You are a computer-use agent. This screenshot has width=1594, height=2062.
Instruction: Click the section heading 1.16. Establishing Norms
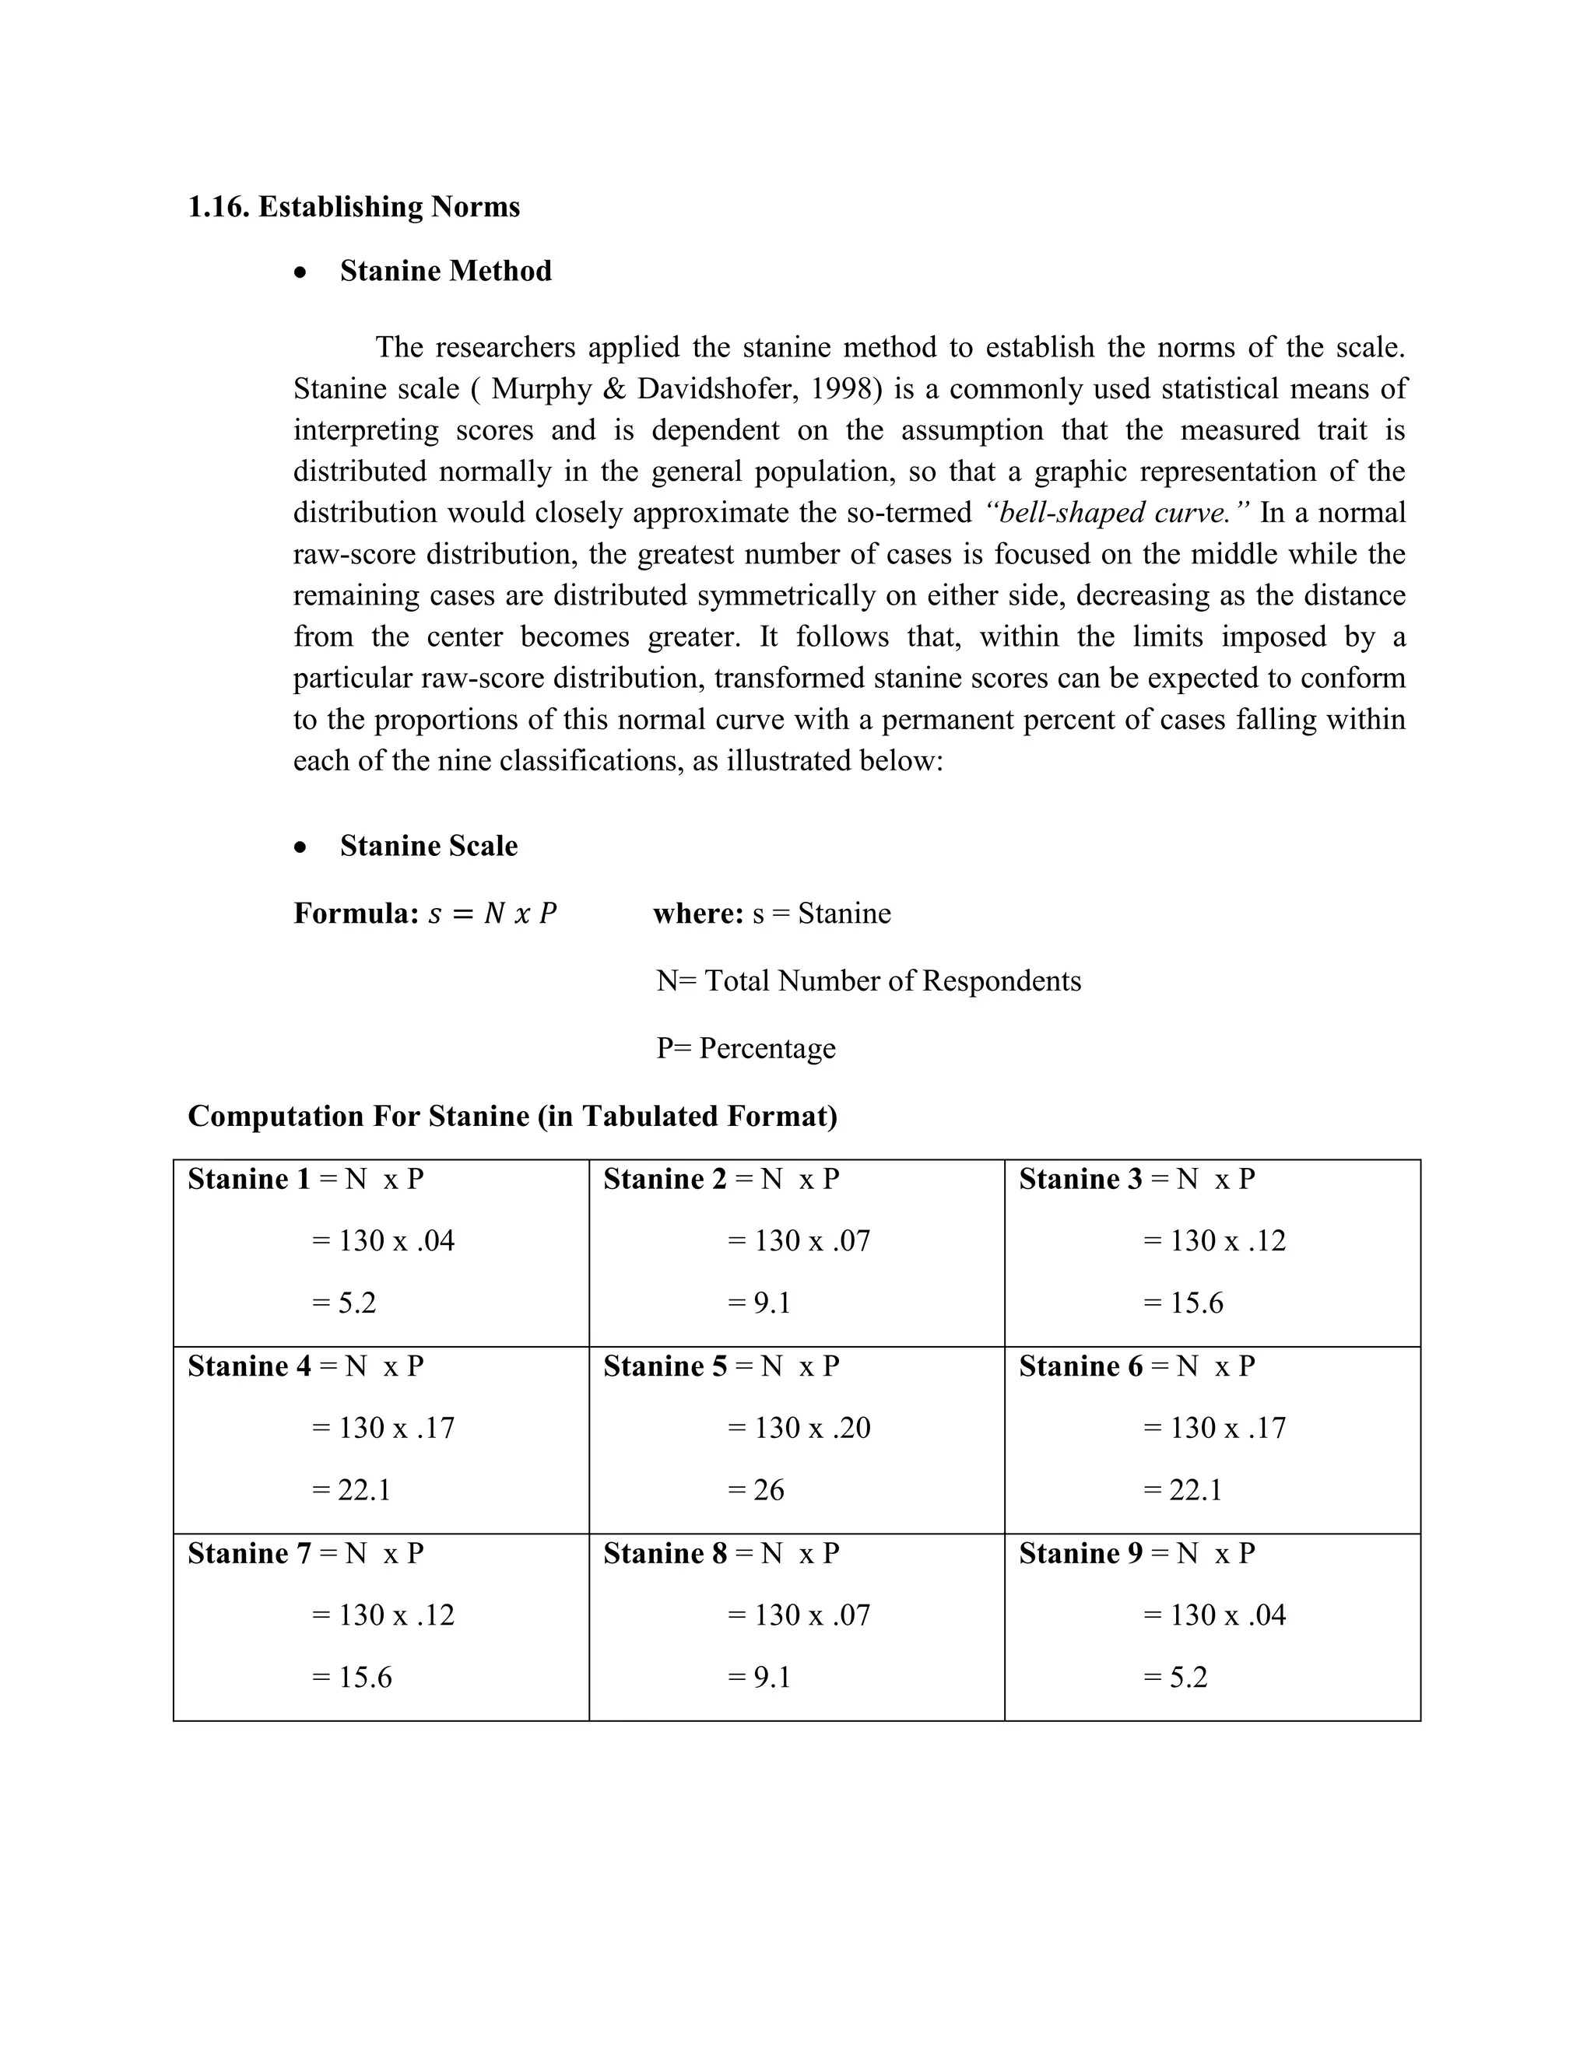[353, 207]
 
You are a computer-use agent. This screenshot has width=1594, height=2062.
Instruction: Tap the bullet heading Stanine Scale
[428, 846]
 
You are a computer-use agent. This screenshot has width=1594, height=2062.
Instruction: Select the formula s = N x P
[492, 914]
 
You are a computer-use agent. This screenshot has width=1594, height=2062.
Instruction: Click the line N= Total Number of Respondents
[868, 981]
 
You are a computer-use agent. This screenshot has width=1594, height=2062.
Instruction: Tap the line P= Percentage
[745, 1049]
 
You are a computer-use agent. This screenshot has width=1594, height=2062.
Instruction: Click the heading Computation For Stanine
[512, 1116]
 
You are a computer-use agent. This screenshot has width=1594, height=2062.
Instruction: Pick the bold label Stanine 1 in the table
[248, 1179]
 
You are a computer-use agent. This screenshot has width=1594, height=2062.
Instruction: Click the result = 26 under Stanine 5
[756, 1490]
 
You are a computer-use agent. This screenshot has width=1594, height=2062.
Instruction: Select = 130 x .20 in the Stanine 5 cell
[798, 1428]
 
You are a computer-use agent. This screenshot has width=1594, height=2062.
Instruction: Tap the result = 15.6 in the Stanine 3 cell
[1182, 1303]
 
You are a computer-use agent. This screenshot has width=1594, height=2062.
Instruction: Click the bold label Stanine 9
[1080, 1553]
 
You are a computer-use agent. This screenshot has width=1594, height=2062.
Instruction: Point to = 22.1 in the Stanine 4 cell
[350, 1490]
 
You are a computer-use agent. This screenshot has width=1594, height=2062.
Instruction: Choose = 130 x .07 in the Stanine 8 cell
[798, 1615]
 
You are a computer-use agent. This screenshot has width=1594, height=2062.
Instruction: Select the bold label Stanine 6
[1080, 1366]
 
